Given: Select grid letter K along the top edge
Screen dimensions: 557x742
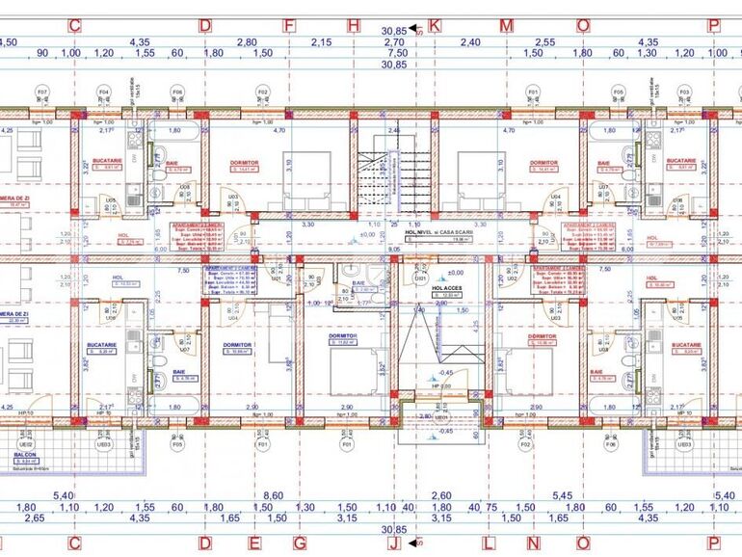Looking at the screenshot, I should click(x=436, y=26).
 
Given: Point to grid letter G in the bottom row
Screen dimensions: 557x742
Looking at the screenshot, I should click(x=301, y=543).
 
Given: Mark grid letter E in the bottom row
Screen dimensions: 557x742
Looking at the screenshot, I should click(x=253, y=543).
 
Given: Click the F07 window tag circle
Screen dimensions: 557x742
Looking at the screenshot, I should click(x=41, y=93).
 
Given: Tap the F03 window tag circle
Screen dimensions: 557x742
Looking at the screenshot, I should click(x=684, y=93).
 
